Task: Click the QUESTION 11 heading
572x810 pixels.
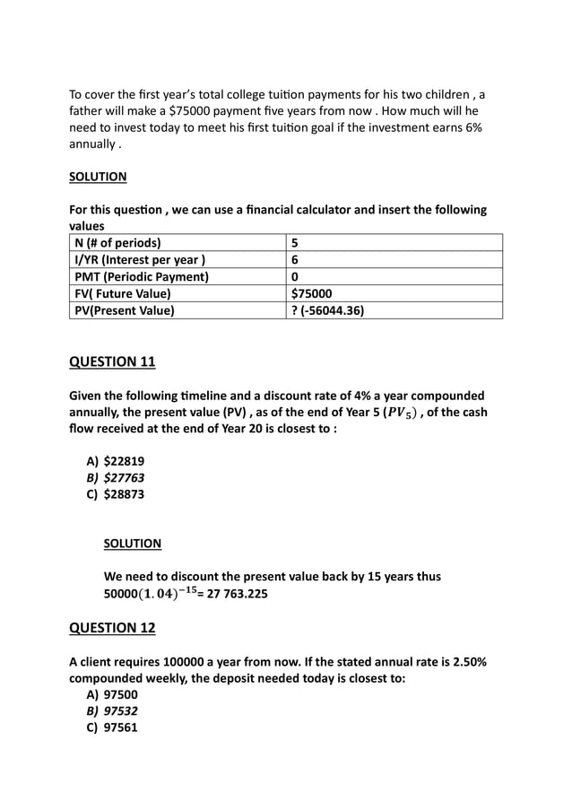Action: coord(112,361)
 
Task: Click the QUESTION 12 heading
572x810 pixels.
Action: coord(112,628)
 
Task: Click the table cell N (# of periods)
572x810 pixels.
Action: coord(117,243)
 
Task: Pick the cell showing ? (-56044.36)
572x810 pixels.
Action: coord(327,310)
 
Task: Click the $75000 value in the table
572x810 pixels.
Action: coord(312,293)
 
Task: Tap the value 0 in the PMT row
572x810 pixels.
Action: coord(296,277)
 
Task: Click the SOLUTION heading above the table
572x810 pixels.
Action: coord(98,177)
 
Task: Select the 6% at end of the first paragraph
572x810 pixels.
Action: coord(471,128)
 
